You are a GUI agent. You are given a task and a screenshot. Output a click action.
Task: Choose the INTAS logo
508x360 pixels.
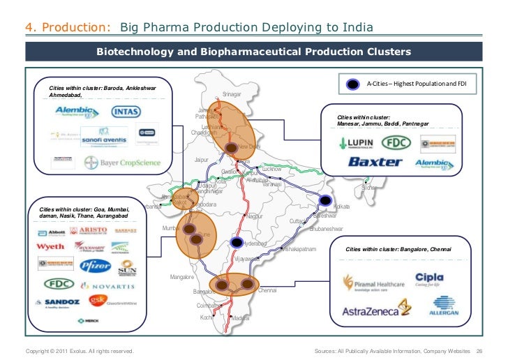coord(126,111)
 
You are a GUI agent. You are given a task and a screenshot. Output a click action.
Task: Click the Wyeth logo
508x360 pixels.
coord(51,246)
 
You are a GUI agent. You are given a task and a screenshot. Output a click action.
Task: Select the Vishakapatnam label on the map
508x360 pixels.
coord(299,249)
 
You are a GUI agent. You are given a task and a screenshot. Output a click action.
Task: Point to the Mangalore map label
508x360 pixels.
coord(182,277)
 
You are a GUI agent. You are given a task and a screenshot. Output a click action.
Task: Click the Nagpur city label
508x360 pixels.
coord(255,216)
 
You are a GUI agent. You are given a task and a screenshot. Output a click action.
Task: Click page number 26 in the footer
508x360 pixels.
coord(479,350)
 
